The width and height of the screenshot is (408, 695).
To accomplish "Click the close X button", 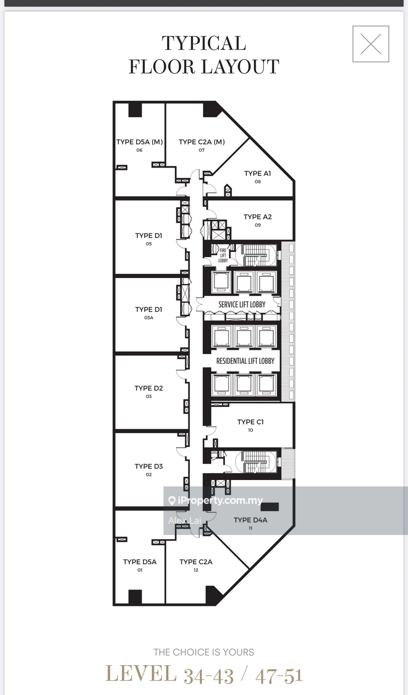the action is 371,44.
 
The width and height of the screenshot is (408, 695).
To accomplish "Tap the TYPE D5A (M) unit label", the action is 140,142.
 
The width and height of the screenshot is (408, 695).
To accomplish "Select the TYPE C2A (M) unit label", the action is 202,142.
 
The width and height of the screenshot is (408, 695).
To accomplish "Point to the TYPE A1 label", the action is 257,173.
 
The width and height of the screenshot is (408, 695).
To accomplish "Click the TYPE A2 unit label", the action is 257,217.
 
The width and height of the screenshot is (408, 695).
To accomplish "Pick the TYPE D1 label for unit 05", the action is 149,236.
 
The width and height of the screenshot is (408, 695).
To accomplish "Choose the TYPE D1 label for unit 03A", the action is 149,309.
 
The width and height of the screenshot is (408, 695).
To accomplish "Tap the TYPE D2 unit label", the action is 149,388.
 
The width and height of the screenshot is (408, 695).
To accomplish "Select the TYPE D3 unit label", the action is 149,466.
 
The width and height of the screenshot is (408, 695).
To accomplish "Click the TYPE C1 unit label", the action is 250,422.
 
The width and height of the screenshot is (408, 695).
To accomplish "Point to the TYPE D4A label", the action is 250,520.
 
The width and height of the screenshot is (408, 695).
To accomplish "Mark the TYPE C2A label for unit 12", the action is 196,562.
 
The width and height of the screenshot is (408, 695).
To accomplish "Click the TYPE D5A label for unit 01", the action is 140,562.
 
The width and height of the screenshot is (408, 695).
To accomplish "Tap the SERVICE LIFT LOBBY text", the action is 242,305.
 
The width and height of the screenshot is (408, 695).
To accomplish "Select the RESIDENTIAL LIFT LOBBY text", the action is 246,361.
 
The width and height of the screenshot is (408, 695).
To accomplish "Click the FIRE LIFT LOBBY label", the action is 223,255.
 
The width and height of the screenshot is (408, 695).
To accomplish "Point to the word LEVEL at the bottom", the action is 141,674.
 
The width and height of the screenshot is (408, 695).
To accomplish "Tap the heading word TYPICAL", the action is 204,43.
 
